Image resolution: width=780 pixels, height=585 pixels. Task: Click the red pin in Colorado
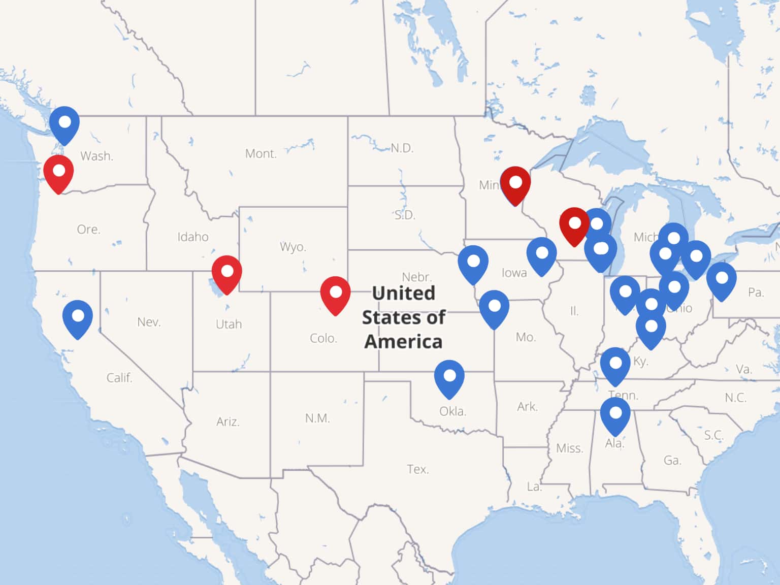click(x=335, y=294)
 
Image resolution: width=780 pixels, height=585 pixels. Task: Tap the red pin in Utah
click(x=226, y=273)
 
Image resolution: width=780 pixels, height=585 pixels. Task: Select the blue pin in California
click(x=78, y=317)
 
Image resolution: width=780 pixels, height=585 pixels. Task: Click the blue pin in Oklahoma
click(x=449, y=377)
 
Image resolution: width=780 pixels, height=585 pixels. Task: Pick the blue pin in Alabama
click(x=615, y=415)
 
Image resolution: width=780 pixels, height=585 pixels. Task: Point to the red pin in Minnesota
click(x=515, y=184)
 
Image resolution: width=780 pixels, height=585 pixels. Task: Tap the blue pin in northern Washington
click(x=64, y=124)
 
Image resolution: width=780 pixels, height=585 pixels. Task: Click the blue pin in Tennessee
click(x=615, y=365)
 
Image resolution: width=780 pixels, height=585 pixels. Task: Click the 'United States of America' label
click(x=403, y=317)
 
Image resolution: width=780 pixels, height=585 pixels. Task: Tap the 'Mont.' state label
click(x=261, y=153)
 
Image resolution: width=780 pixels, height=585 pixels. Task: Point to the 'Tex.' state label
click(x=417, y=469)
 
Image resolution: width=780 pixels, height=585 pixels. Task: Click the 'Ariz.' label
click(x=227, y=421)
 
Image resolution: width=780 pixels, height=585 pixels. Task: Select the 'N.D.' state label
click(x=402, y=148)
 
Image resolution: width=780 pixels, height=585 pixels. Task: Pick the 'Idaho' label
click(x=193, y=237)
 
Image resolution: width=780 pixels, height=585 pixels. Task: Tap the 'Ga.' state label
click(x=672, y=460)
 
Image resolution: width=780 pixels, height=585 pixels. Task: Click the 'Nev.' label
click(x=149, y=322)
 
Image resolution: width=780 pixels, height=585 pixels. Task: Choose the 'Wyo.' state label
click(x=293, y=247)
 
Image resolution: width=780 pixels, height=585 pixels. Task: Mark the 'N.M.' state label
click(x=317, y=418)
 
